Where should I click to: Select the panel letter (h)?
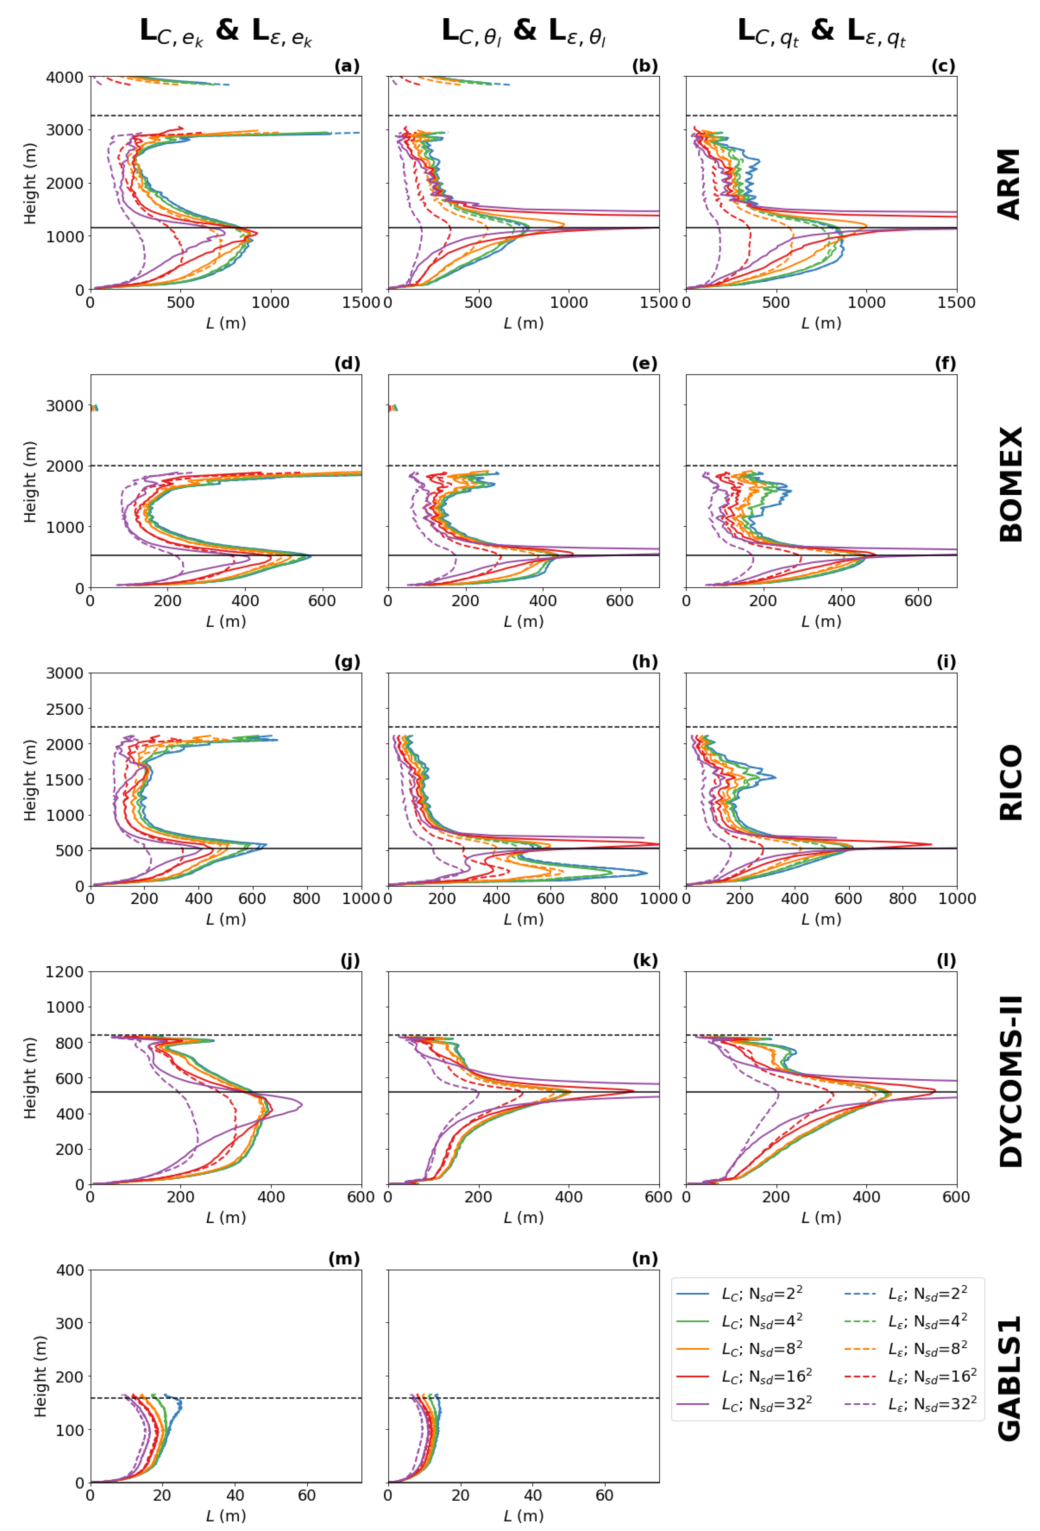coord(645,662)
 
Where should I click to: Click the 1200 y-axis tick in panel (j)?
coord(65,972)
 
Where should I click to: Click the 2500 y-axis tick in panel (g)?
coord(65,709)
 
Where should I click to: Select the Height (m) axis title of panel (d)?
coord(30,482)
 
